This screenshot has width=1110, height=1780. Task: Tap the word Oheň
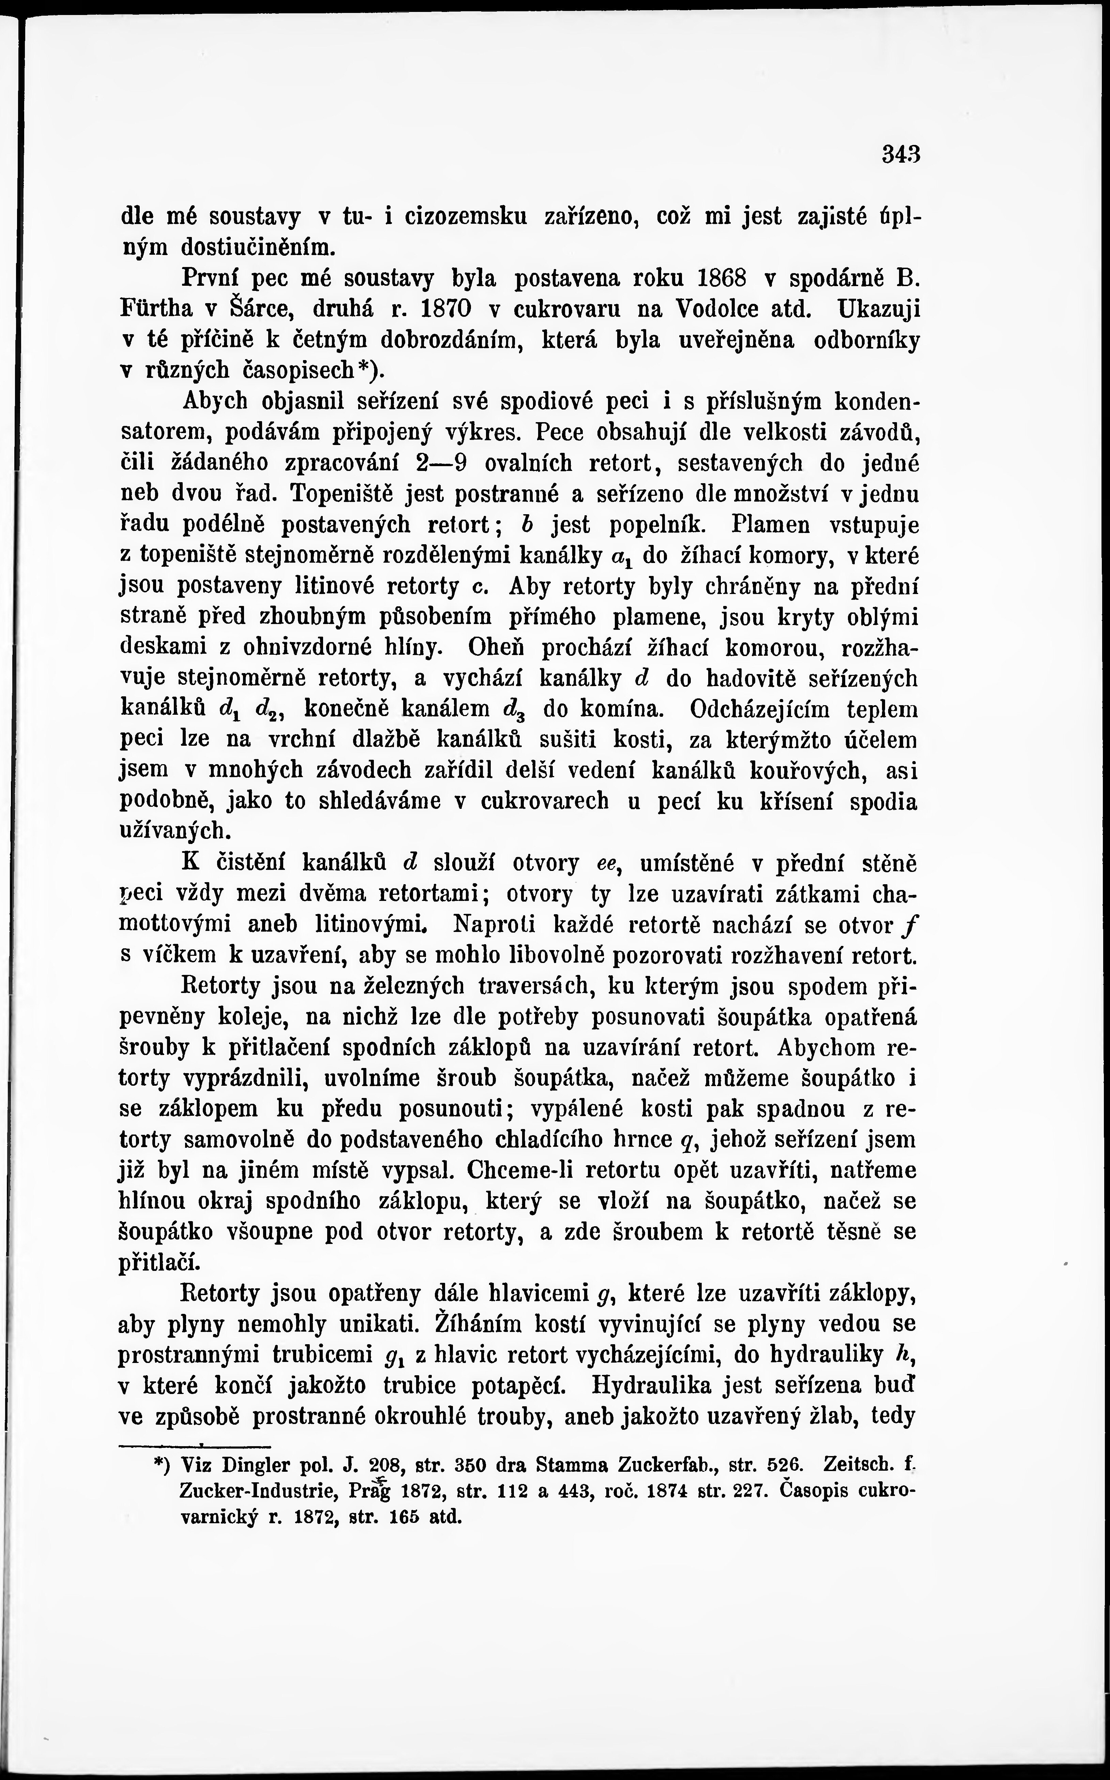[x=497, y=649]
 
